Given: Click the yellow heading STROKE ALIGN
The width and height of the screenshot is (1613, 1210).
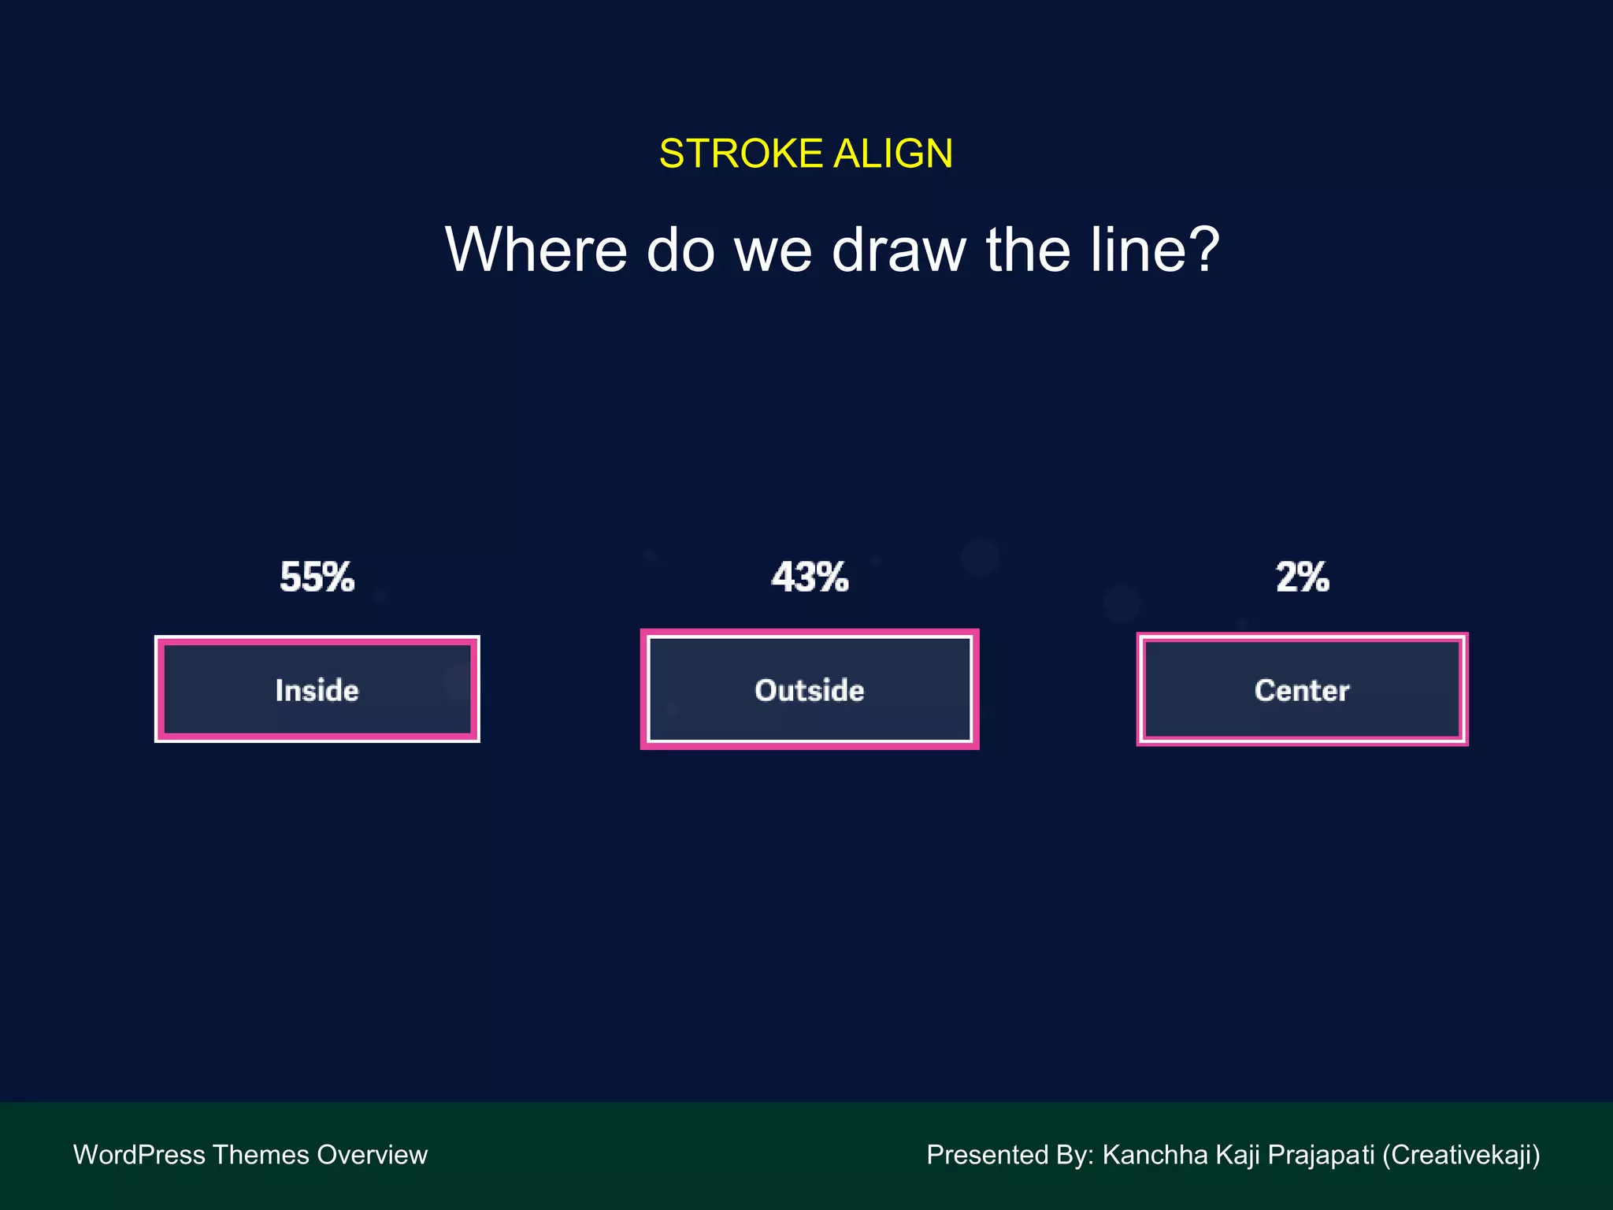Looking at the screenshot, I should [x=806, y=154].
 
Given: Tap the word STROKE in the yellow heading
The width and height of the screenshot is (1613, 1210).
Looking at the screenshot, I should [x=741, y=154].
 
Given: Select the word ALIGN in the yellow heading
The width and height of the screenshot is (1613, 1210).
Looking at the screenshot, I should [x=893, y=154].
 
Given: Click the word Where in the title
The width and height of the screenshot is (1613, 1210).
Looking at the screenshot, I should [x=536, y=250].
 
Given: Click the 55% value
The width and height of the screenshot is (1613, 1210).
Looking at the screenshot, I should [x=317, y=577].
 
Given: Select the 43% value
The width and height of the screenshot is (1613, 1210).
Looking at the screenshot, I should [x=810, y=577].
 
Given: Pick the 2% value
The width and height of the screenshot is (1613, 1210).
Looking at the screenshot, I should [x=1303, y=577].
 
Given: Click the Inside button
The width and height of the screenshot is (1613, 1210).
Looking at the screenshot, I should [x=317, y=689].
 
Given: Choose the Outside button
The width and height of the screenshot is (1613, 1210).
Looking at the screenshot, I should [x=810, y=689].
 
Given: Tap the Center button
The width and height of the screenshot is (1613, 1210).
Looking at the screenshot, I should [x=1302, y=689].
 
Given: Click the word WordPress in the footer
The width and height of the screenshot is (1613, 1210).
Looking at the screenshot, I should [x=139, y=1155].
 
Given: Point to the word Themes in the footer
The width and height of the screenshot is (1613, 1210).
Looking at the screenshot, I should [x=260, y=1155].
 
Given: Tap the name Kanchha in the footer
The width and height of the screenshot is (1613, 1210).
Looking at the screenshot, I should [x=1155, y=1155].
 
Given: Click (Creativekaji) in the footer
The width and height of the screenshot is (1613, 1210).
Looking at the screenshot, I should [x=1461, y=1155].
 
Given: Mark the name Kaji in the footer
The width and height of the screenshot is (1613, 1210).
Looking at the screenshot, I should [x=1239, y=1155].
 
